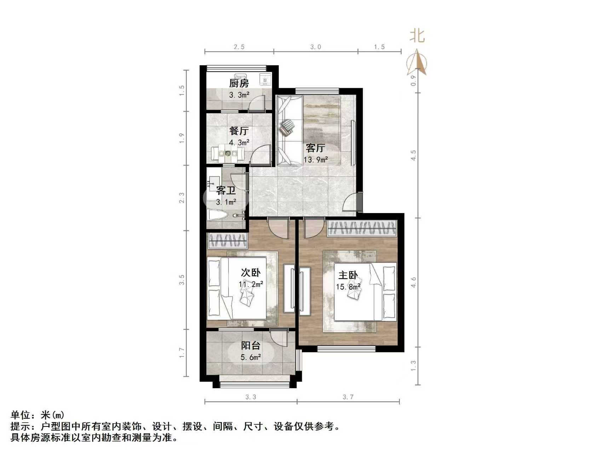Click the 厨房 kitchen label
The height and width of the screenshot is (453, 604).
pyautogui.click(x=239, y=84)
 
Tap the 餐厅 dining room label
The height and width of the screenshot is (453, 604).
pyautogui.click(x=239, y=131)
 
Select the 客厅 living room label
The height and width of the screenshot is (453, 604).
pyautogui.click(x=315, y=148)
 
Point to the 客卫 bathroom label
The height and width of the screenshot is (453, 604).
pyautogui.click(x=226, y=191)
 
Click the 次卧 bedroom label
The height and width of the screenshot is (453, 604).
pyautogui.click(x=251, y=272)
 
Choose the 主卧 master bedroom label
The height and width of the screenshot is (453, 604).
pyautogui.click(x=348, y=275)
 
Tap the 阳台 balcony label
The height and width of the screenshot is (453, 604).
pyautogui.click(x=251, y=346)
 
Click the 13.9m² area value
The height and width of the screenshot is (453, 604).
pyautogui.click(x=316, y=160)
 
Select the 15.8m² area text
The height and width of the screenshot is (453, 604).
pyautogui.click(x=348, y=287)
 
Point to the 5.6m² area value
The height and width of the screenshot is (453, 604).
pyautogui.click(x=251, y=357)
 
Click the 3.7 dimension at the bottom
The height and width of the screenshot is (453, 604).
pyautogui.click(x=348, y=397)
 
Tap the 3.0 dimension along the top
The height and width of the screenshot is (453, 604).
pyautogui.click(x=315, y=47)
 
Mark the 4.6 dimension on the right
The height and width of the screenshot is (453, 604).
pyautogui.click(x=413, y=282)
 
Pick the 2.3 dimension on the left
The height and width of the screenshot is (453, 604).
pyautogui.click(x=182, y=197)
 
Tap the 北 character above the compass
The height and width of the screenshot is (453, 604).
pyautogui.click(x=417, y=36)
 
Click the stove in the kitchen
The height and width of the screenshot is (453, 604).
pyautogui.click(x=265, y=79)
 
